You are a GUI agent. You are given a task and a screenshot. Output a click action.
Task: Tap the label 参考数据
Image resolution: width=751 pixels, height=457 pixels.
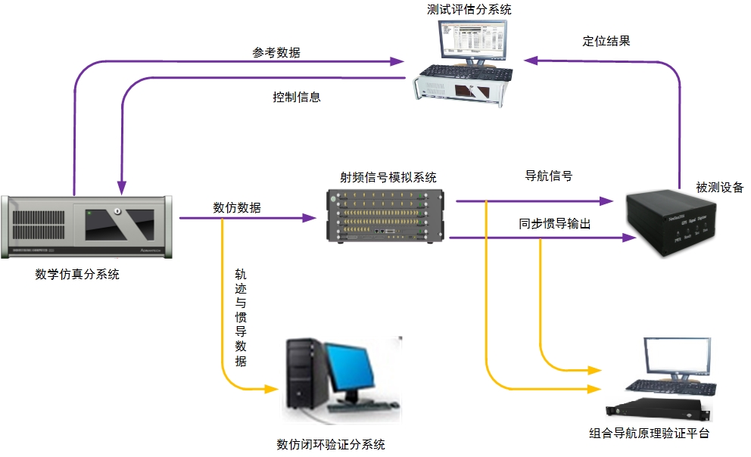click(x=276, y=53)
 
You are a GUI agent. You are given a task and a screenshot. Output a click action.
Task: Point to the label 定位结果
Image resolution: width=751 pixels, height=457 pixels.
click(x=606, y=42)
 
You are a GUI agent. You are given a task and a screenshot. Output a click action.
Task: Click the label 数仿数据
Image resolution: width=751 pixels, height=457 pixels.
click(x=237, y=207)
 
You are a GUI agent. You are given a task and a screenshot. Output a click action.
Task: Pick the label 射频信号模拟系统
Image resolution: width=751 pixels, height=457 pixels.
click(x=388, y=178)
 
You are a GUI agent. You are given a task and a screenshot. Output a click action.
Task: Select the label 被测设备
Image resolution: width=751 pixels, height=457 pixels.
click(x=720, y=187)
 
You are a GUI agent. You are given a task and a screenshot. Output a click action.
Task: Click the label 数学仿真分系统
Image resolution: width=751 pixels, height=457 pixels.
click(x=77, y=275)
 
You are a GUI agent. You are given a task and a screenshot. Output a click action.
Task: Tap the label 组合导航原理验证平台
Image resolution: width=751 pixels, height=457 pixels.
click(x=650, y=434)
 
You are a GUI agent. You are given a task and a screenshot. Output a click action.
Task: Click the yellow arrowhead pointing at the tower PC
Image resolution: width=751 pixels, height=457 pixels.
click(x=273, y=389)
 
